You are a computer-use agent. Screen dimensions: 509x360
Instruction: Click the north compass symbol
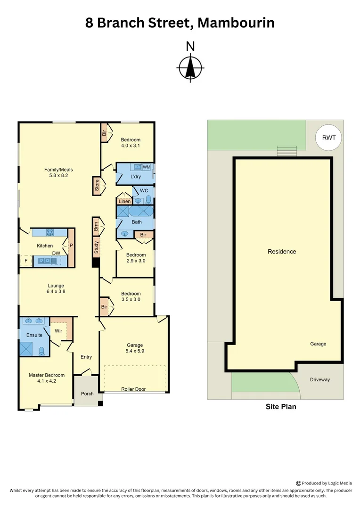click(x=190, y=67)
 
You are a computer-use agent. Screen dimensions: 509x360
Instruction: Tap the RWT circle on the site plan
click(x=328, y=138)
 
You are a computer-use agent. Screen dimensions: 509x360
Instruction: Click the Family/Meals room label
click(x=58, y=172)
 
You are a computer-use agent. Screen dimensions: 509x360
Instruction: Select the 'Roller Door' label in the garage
click(x=133, y=389)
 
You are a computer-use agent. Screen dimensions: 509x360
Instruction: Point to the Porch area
click(x=87, y=393)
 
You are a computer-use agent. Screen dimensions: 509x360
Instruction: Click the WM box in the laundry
click(x=147, y=167)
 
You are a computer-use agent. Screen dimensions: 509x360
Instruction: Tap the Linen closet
click(x=124, y=201)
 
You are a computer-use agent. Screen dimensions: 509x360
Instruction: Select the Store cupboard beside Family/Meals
click(x=97, y=186)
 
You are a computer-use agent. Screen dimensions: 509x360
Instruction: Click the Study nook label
click(x=96, y=247)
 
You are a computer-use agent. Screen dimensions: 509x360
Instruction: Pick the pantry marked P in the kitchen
click(x=71, y=245)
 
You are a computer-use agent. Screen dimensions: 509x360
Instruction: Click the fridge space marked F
click(x=25, y=260)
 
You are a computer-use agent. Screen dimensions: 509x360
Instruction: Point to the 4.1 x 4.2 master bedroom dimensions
click(x=46, y=381)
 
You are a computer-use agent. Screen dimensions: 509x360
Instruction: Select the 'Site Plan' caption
click(x=281, y=406)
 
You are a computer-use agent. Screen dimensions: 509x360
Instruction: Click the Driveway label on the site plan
click(x=319, y=379)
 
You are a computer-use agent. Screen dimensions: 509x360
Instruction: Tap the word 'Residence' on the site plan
click(x=282, y=251)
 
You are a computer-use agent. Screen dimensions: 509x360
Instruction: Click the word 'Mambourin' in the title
click(x=236, y=22)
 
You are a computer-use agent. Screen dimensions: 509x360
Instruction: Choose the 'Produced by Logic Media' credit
click(x=327, y=483)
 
